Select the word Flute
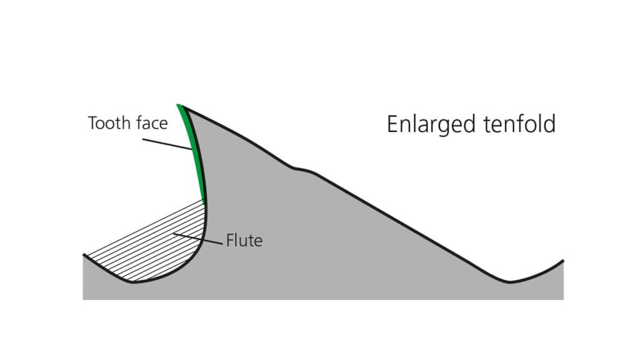(244, 241)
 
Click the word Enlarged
(431, 124)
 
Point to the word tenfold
(519, 124)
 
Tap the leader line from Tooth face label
(167, 144)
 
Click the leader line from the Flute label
(198, 239)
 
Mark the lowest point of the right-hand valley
(509, 282)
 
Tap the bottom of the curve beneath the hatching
(134, 282)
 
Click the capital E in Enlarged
(392, 124)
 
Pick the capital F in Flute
(230, 241)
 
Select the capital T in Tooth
(93, 123)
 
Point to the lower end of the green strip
(203, 201)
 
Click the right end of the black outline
(563, 261)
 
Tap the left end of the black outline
(84, 255)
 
